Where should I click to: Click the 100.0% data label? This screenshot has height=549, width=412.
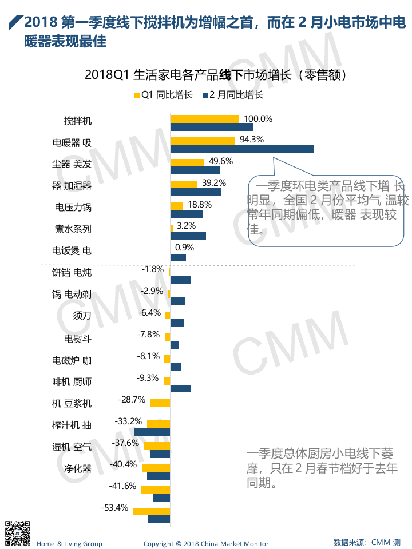pos(258,119)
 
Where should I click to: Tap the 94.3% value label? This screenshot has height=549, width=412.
pos(252,140)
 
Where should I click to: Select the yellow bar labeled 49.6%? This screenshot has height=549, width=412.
pos(187,162)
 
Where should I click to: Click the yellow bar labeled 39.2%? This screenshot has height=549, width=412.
pos(184,184)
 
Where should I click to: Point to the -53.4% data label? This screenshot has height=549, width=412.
pos(114,507)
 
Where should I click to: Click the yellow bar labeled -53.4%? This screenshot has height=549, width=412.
pos(151,511)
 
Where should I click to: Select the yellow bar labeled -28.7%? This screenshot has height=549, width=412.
pos(160,403)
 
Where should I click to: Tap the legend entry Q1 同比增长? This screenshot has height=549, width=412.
pos(163,95)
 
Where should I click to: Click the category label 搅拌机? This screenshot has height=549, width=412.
pos(78,121)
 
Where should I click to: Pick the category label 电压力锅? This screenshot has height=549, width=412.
pos(73,207)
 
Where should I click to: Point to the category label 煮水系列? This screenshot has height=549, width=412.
pos(73,229)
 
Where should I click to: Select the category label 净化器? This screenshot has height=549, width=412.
pos(78,469)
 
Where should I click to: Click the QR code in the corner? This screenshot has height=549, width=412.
pos(17,533)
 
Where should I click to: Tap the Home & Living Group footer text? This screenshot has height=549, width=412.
pos(69,543)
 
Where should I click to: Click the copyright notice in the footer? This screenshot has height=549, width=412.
pos(206,543)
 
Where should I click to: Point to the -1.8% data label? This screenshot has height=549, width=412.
pos(152,269)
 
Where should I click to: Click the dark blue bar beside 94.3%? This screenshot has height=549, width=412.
pos(242,149)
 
